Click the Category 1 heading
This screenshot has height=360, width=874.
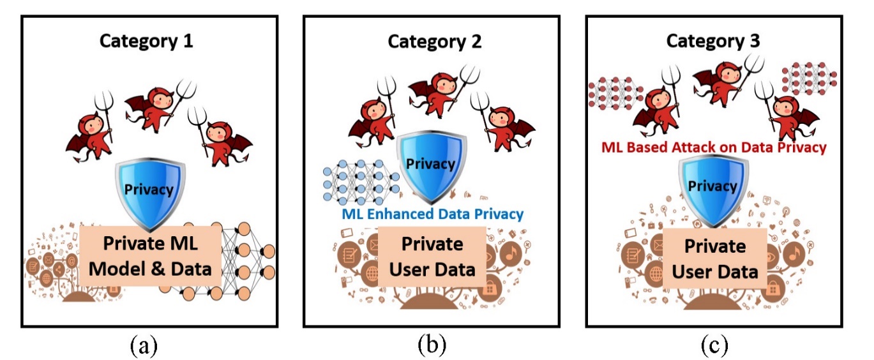click(146, 42)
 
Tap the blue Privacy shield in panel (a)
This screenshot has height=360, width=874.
click(149, 190)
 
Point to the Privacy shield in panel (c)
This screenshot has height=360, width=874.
click(711, 186)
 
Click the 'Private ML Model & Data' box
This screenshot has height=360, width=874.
click(150, 257)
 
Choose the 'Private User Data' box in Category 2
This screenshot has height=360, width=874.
click(432, 257)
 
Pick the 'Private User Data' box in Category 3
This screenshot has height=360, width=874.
click(714, 259)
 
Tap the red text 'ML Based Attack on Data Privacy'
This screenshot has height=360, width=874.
click(713, 147)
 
